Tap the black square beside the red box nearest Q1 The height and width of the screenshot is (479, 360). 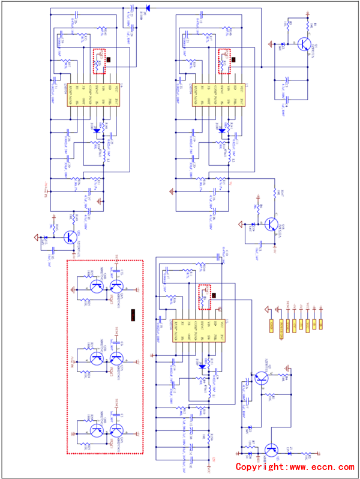pyautogui.click(x=235, y=59)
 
